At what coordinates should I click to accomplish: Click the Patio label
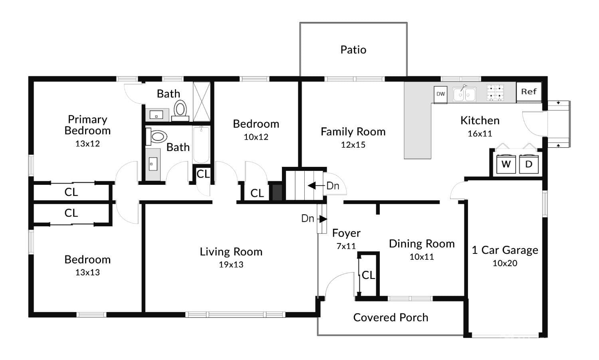click(353, 50)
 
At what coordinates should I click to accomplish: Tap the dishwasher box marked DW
click(440, 94)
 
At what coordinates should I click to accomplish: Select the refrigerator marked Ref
click(529, 91)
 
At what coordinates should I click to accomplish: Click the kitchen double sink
click(464, 95)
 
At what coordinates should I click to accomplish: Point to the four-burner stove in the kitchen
click(495, 93)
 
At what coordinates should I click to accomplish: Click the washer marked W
click(506, 164)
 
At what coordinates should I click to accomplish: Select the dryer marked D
click(529, 164)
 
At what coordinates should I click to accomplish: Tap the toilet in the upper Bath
click(180, 109)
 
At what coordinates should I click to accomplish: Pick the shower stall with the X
click(201, 101)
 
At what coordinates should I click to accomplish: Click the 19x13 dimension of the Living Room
click(231, 265)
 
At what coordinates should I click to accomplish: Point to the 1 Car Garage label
click(505, 250)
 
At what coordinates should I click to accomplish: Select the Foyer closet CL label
click(368, 275)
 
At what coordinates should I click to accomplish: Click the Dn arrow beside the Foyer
click(323, 219)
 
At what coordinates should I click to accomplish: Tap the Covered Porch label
click(391, 318)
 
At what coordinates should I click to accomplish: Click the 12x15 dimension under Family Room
click(353, 145)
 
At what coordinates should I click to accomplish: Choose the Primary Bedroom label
click(87, 125)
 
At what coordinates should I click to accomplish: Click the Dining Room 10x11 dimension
click(422, 257)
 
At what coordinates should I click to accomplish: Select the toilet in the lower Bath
click(157, 137)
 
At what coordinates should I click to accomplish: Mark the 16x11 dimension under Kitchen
click(480, 134)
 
